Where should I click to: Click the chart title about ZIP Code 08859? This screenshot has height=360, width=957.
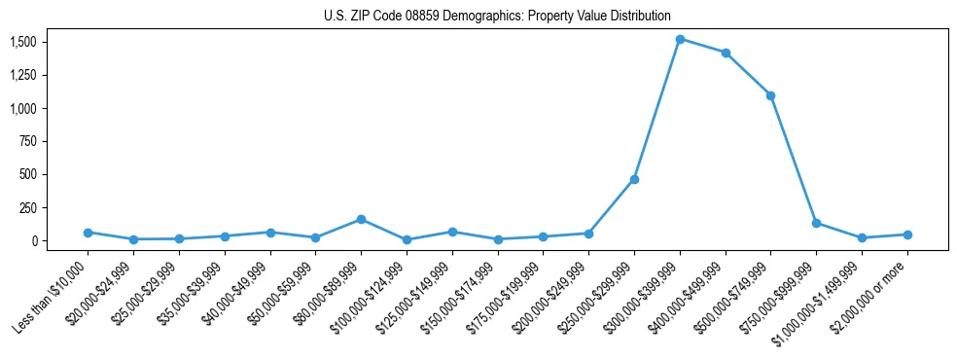pos(497,16)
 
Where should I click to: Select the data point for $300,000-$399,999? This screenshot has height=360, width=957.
pos(680,39)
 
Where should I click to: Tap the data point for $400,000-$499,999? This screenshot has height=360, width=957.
pos(726,53)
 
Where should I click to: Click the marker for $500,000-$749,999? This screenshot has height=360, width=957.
pos(770,95)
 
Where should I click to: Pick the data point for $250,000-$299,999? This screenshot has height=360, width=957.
pos(634,179)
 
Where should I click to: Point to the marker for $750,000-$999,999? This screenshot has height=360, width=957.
pos(816,223)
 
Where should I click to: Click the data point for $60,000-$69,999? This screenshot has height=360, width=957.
pos(361,219)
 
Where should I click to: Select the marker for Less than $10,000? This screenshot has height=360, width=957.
pos(88,233)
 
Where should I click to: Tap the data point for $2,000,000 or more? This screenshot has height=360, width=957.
pos(907,234)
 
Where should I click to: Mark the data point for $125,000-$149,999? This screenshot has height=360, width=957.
pos(452,232)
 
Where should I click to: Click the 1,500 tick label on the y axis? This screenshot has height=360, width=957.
pos(23,42)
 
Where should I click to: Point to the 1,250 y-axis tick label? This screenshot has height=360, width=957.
pos(23,75)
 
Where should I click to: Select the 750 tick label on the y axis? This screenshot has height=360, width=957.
pos(27,141)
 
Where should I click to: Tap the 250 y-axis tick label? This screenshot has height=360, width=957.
pos(27,207)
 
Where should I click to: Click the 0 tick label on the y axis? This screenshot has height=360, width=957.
pos(33,240)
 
